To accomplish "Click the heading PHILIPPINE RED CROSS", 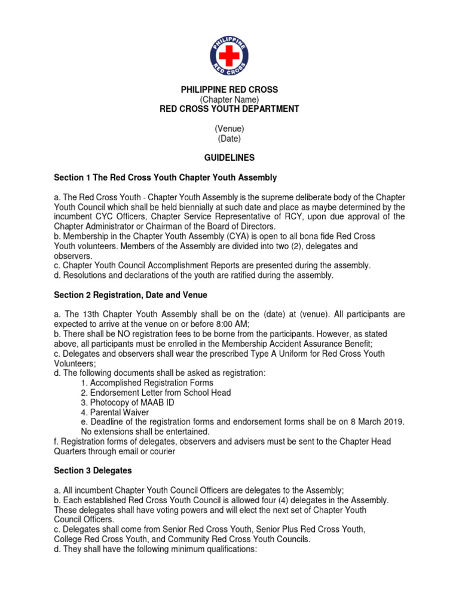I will click(x=229, y=90).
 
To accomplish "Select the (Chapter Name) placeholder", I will click(x=229, y=99).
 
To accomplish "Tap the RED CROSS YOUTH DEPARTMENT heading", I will click(x=229, y=109).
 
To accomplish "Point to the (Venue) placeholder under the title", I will click(x=229, y=128).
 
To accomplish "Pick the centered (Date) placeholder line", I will click(x=229, y=138).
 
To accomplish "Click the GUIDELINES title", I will click(x=229, y=158).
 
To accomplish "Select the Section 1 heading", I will click(x=166, y=178).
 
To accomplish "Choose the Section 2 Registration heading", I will click(x=131, y=295).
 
